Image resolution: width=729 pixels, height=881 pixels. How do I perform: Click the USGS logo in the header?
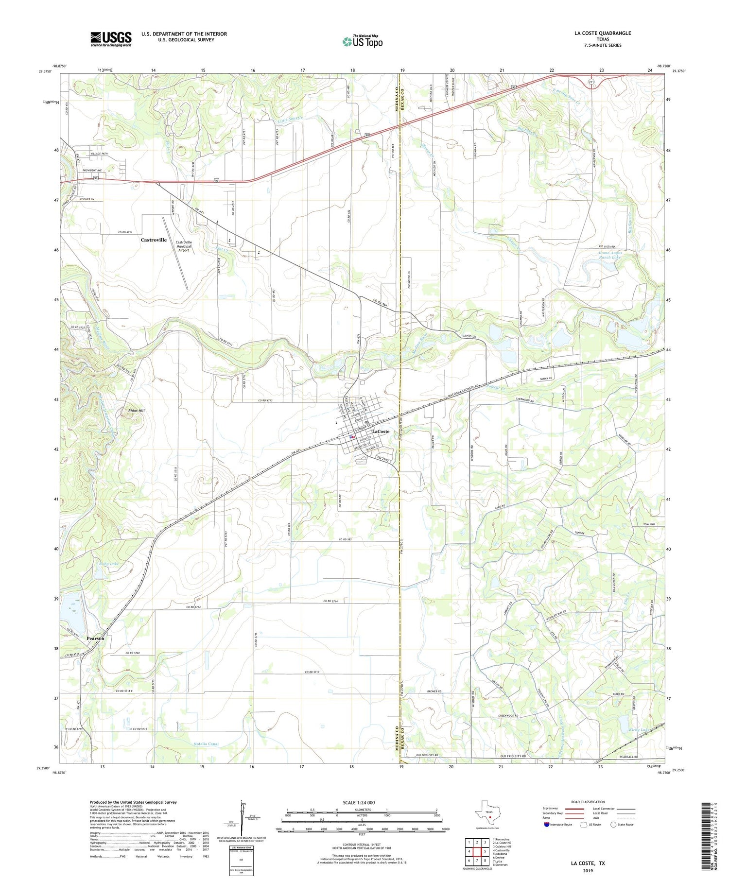[111, 39]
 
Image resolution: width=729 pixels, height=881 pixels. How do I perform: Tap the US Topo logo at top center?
[362, 41]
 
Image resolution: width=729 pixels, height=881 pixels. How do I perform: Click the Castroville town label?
[154, 240]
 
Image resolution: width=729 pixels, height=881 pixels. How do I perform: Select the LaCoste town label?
[381, 432]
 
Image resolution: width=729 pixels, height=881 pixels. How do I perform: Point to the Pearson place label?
[95, 638]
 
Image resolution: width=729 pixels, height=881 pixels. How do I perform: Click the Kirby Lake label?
[639, 730]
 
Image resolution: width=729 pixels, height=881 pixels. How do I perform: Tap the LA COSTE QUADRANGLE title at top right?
[603, 33]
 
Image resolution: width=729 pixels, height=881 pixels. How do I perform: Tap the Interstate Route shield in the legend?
[546, 825]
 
